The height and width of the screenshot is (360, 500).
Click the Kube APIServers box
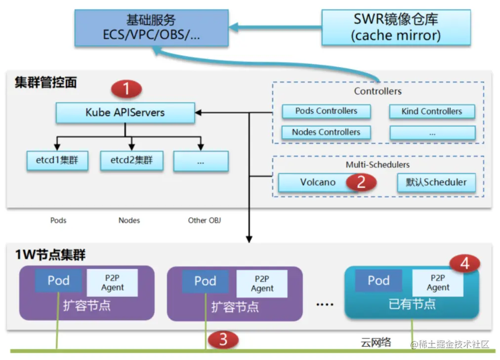(x=125, y=112)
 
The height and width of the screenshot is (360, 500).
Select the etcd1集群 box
(x=57, y=160)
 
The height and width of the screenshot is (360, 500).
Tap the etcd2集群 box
(x=131, y=160)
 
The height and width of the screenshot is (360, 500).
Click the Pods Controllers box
(x=326, y=111)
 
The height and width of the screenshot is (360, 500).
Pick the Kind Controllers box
(x=431, y=111)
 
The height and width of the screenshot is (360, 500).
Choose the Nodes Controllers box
(x=326, y=132)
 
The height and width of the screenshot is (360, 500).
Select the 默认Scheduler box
(x=436, y=182)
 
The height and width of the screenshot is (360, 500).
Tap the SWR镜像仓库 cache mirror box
(x=395, y=27)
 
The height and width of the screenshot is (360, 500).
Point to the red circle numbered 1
(x=126, y=89)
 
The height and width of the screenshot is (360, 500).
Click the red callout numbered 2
(x=361, y=182)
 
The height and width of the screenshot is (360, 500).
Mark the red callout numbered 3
(x=223, y=339)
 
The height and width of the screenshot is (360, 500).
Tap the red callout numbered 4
(x=464, y=264)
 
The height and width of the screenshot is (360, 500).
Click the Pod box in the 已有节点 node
(x=378, y=280)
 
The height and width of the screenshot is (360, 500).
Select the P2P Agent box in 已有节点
(x=438, y=282)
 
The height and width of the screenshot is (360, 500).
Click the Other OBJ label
(x=204, y=220)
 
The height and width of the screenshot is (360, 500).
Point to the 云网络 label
(x=376, y=342)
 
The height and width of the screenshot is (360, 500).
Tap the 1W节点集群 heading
(x=50, y=255)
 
